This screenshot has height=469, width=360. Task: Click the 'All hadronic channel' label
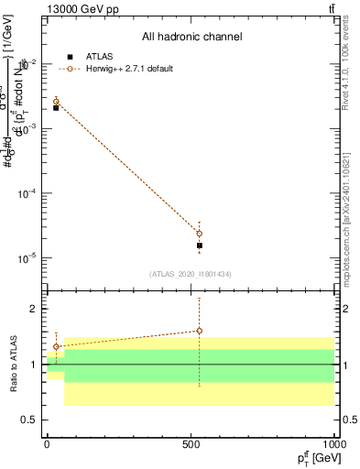coord(191,38)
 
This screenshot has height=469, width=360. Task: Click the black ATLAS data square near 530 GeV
coord(200,245)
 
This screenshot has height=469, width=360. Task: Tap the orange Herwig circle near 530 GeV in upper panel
coord(200,234)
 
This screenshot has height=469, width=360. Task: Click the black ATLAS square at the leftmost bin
coord(56,108)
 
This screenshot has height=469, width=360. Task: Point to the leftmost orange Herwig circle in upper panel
coord(56,102)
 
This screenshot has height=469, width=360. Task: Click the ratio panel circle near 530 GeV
coord(200,331)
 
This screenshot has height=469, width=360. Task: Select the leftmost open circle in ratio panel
coord(56,347)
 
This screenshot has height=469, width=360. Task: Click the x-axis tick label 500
coord(191,444)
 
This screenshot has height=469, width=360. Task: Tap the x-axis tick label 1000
coord(334,444)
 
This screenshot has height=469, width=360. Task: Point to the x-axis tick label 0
coord(47,444)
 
